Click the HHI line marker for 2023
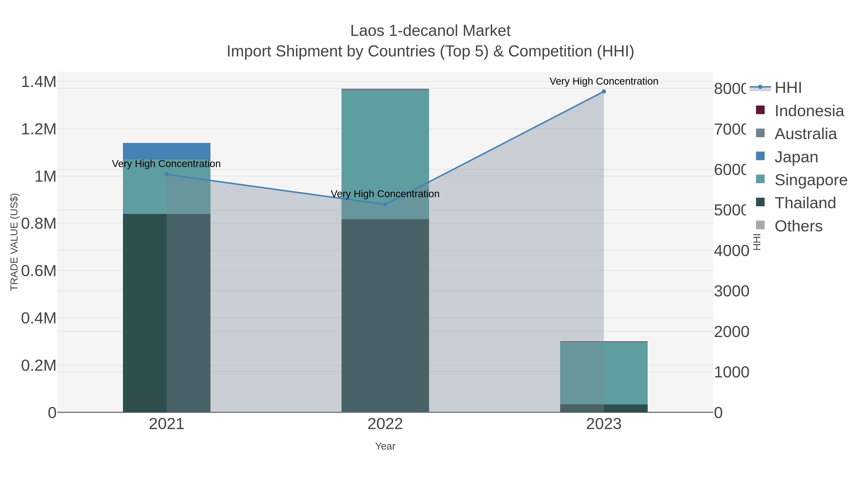coord(604,92)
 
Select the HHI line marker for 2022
coord(385,204)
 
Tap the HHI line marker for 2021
coord(167,174)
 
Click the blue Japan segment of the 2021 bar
coord(166,151)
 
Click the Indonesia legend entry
coord(809,111)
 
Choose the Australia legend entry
coord(806,134)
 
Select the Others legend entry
coord(798,226)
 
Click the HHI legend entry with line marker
coord(788,88)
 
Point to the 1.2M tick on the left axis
coord(39,129)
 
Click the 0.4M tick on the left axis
coord(39,318)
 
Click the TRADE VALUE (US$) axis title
coord(14,242)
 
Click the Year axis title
coord(385,446)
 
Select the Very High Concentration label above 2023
coord(604,81)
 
